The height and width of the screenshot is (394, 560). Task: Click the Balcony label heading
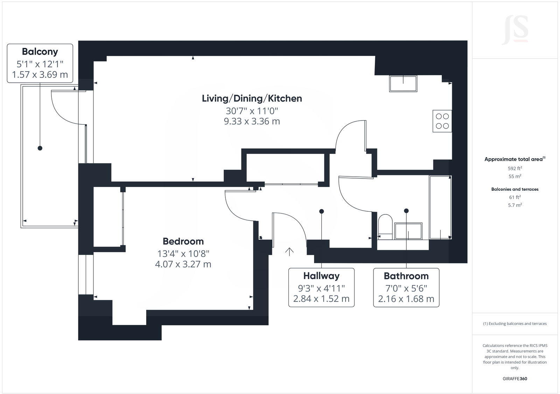pos(40,52)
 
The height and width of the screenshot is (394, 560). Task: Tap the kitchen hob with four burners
pos(442,121)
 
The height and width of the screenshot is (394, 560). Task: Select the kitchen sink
pos(403,84)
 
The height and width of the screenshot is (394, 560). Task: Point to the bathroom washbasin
pos(408,231)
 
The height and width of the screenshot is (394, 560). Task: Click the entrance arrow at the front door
pos(289,251)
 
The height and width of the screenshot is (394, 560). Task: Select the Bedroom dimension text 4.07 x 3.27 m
pos(183,264)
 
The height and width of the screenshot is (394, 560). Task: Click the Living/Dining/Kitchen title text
pos(252,98)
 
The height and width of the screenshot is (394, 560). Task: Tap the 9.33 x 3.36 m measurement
pos(252,122)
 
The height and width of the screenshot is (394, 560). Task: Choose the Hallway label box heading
pos(321,276)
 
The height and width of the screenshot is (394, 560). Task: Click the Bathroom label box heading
pos(406,276)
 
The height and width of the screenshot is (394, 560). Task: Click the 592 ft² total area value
pos(515,168)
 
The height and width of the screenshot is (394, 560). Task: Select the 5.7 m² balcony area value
pos(515,205)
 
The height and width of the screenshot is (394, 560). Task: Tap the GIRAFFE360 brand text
pos(515,379)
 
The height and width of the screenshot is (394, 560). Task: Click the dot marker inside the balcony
pos(40,148)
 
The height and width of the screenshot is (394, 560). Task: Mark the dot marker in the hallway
pos(321,211)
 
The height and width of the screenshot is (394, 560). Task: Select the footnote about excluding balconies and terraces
pos(515,324)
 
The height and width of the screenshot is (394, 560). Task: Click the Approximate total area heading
pos(514,159)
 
